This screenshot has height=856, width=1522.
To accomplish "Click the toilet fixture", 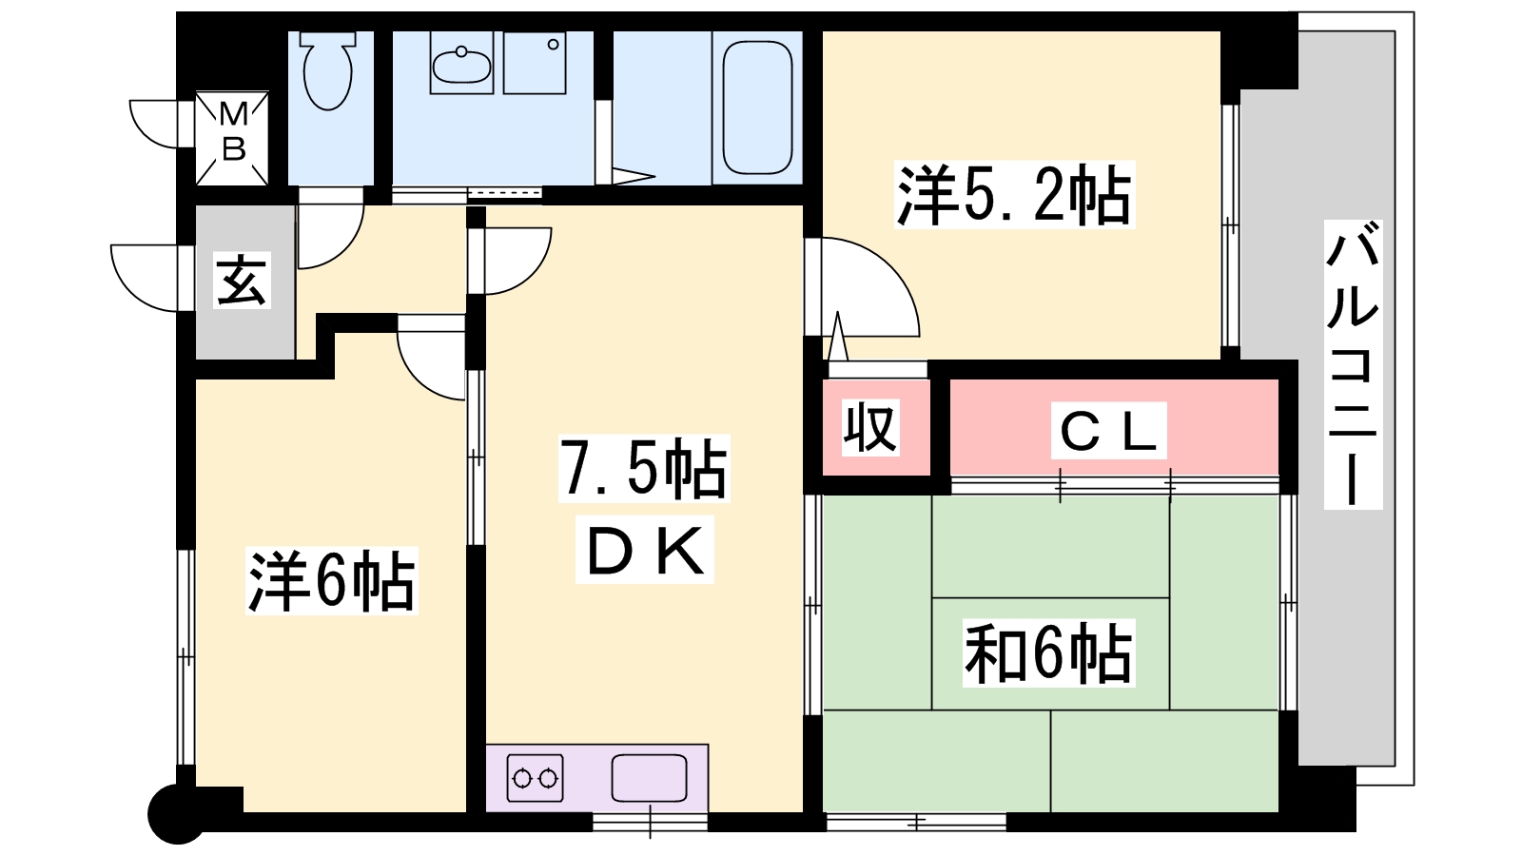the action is pos(328,70).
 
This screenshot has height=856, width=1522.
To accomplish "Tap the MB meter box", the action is pos(232,139).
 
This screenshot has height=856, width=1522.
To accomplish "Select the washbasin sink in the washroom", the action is pos(462,63).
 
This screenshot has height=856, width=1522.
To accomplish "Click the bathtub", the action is pos(757,107).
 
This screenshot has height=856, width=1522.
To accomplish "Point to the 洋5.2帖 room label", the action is pos(1014,195).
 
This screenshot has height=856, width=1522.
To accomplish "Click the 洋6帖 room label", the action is pos(332,581).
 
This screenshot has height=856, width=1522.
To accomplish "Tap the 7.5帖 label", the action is pos(643,469).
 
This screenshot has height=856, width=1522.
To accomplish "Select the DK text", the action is pos(644,551).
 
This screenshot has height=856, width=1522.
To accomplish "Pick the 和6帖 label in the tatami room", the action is pos(1049,652).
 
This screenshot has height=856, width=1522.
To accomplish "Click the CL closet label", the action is pos(1108,431).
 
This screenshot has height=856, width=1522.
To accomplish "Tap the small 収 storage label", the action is pos(870,427).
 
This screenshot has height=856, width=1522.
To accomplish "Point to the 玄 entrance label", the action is pos(242,280).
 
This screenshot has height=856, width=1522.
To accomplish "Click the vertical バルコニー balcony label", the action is pos(1353,365).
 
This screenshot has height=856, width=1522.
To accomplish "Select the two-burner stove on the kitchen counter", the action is pos(536,778).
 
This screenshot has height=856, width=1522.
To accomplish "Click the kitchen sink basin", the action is pos(649,778).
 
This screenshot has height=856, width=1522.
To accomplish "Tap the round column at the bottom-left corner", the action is pos(175,814).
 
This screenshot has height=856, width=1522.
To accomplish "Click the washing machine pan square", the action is pos(535,63).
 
